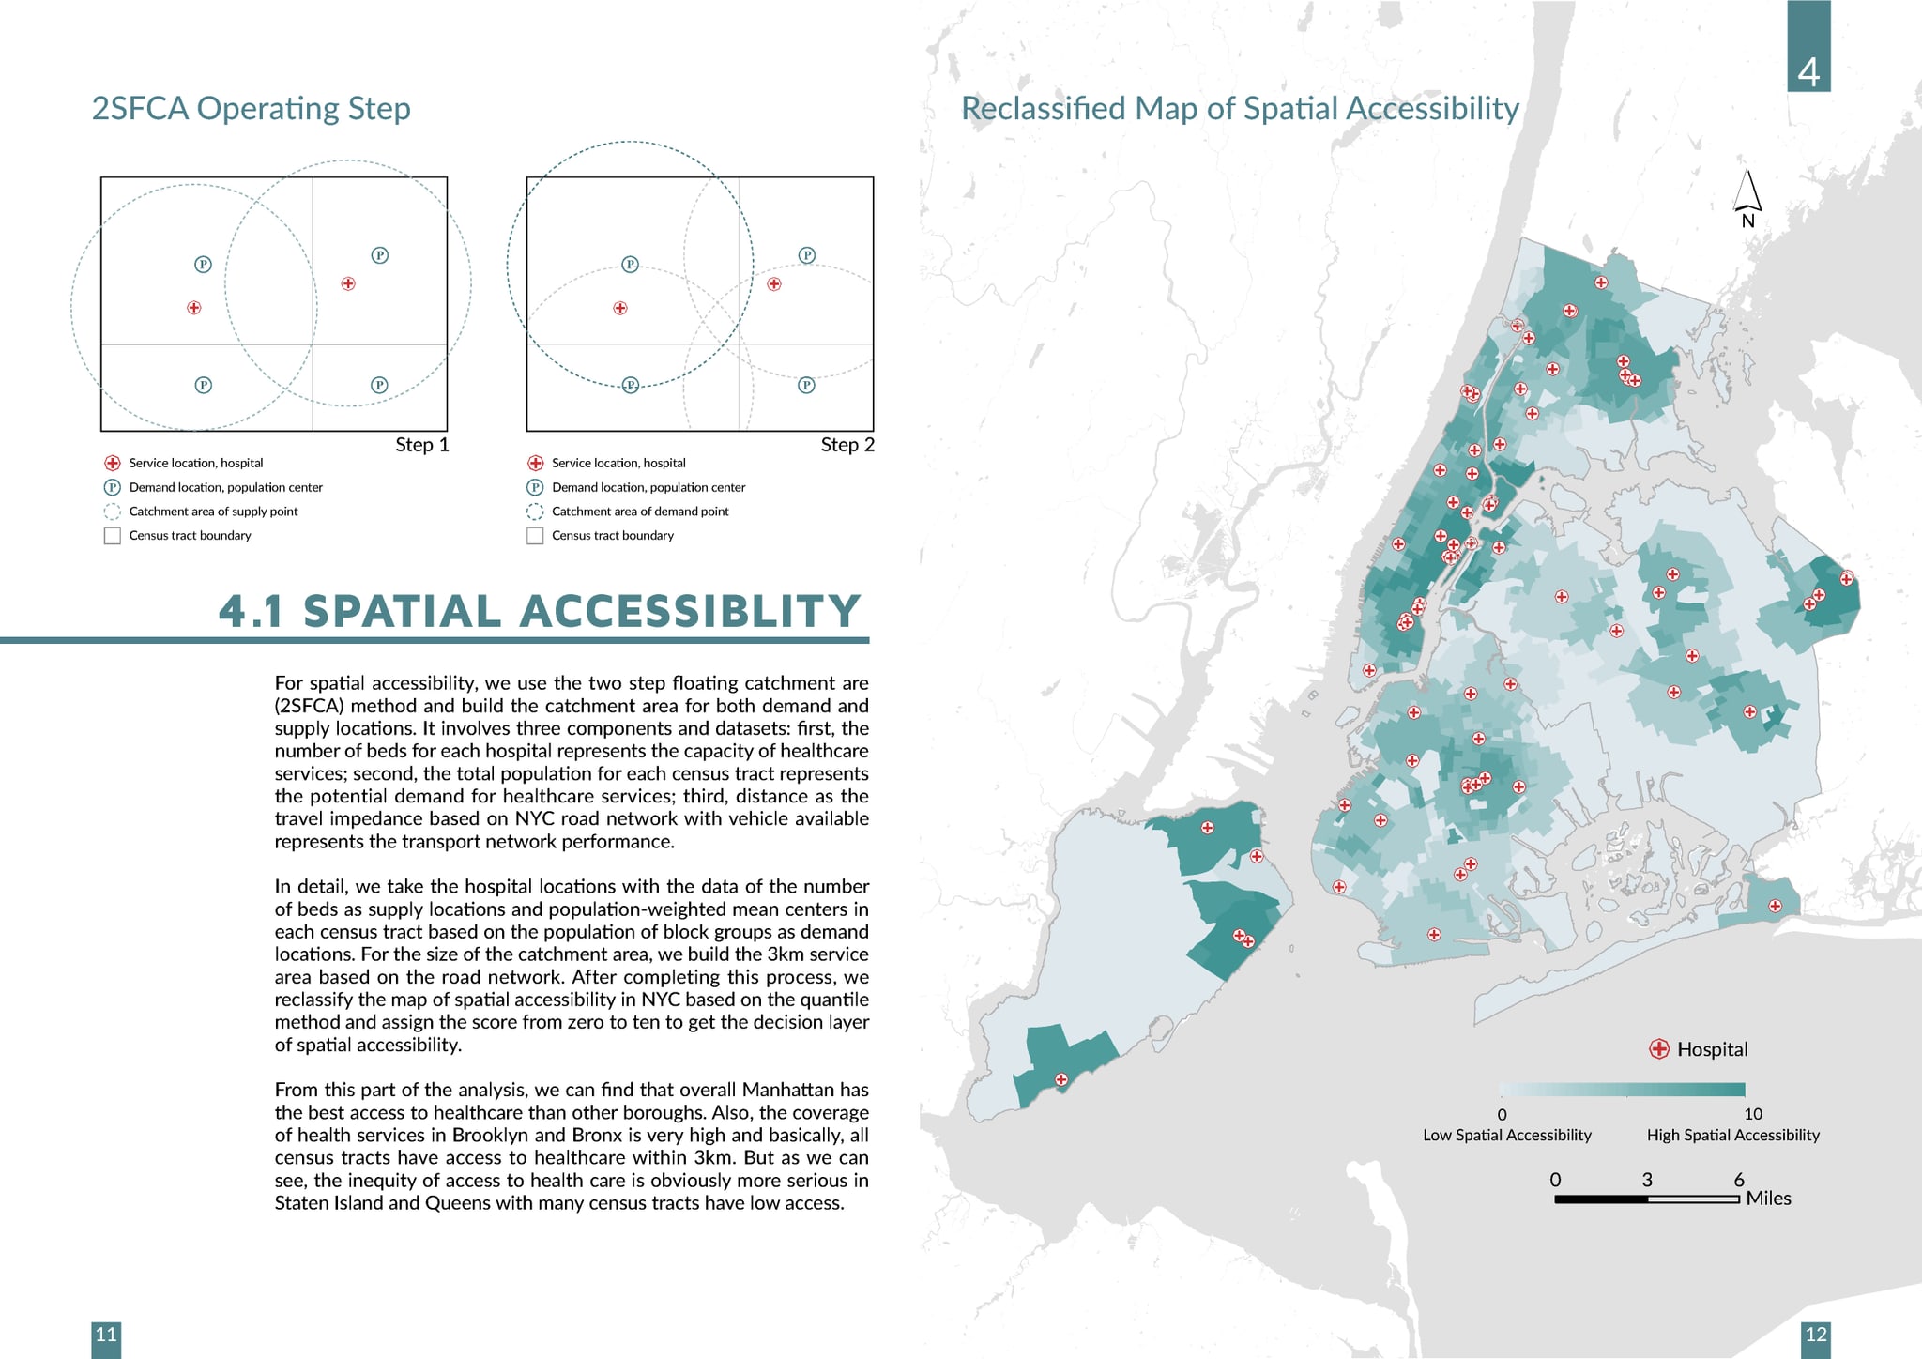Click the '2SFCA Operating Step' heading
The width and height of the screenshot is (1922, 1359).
[x=251, y=109]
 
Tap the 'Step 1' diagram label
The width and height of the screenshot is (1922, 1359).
[x=421, y=445]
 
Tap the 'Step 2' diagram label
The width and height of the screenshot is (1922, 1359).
[x=847, y=445]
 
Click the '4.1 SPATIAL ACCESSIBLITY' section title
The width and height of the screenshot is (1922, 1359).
[x=539, y=611]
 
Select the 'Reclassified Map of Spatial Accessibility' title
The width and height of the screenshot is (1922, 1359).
[x=1239, y=109]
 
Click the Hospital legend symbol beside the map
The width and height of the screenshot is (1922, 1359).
[x=1659, y=1049]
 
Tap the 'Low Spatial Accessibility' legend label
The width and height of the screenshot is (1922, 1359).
[x=1506, y=1135]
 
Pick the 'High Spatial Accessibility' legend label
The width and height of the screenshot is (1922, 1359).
[x=1732, y=1135]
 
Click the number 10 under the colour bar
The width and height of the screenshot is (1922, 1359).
[x=1752, y=1114]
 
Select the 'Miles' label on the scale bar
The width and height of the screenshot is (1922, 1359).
[x=1768, y=1199]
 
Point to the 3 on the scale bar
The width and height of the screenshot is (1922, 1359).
[x=1646, y=1180]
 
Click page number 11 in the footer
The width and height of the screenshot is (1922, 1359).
[x=106, y=1335]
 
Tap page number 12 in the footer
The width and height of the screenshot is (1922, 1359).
[x=1816, y=1335]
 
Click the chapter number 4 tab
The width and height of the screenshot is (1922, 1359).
[x=1808, y=71]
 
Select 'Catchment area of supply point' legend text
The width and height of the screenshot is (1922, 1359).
[x=213, y=512]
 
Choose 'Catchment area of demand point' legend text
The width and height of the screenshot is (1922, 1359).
[x=640, y=512]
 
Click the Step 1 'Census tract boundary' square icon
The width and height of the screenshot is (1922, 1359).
[x=113, y=536]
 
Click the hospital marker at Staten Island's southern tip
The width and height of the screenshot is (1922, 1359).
[x=1061, y=1079]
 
